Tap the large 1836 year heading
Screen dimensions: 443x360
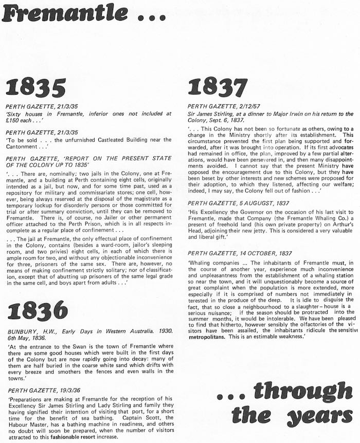pos(38,310)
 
